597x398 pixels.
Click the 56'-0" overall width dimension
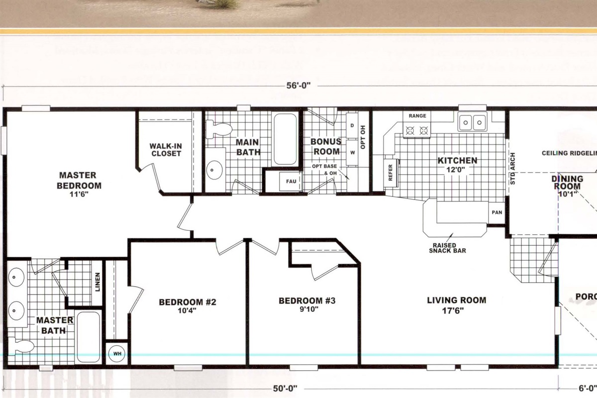[x=298, y=86]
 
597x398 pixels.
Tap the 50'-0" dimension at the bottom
[x=285, y=388]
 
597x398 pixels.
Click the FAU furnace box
[x=291, y=182]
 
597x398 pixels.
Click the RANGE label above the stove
[x=417, y=115]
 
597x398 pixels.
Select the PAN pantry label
[x=496, y=212]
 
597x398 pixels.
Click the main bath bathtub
[x=285, y=140]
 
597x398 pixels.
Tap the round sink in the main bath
[x=215, y=170]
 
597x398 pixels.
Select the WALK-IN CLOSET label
[x=165, y=150]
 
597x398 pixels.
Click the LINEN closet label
[x=98, y=282]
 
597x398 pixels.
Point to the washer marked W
[x=353, y=152]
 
